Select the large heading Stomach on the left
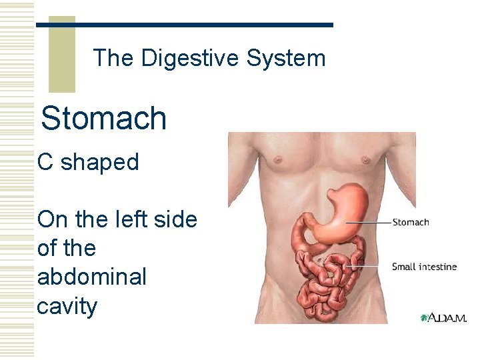(x=103, y=118)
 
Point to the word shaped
(x=100, y=163)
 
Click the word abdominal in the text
(x=91, y=277)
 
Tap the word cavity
(x=67, y=306)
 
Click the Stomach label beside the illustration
(x=411, y=222)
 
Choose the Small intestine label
(x=424, y=267)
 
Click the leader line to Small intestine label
(x=370, y=267)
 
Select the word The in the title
(x=113, y=59)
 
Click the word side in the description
(x=173, y=219)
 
